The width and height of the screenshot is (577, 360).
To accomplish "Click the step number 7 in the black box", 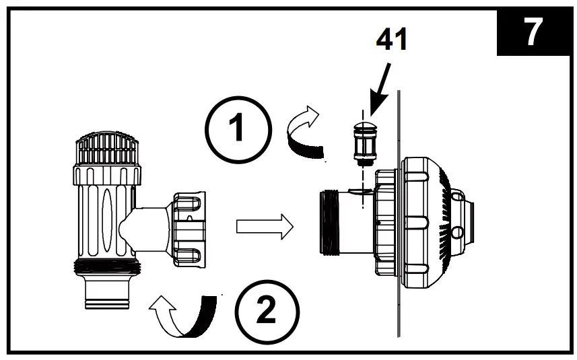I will [534, 33].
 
